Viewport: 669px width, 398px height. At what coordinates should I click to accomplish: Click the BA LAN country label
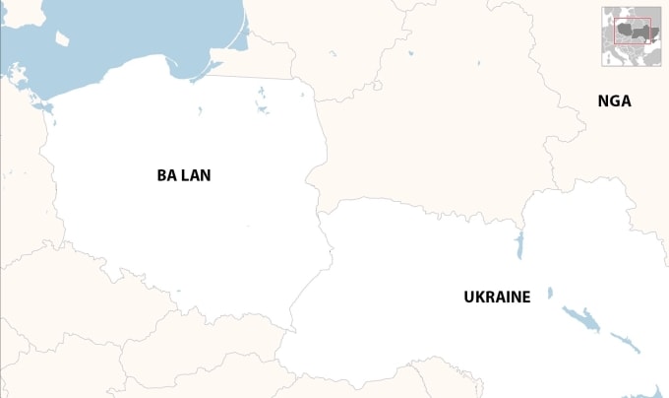pos(184,175)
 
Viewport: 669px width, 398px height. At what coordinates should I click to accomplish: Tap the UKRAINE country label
pos(497,296)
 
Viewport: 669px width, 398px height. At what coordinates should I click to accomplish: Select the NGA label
pos(614,100)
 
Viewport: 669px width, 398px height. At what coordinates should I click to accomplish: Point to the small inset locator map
pos(632,37)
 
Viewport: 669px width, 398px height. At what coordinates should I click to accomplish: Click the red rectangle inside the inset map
pos(633,32)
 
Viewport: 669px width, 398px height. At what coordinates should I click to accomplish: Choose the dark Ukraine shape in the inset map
pos(640,33)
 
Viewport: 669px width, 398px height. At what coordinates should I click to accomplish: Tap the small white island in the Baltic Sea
pos(63,38)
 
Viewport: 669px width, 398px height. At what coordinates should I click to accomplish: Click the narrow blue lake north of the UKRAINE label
pos(518,245)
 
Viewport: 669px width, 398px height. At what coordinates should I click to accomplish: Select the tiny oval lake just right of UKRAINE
pos(550,293)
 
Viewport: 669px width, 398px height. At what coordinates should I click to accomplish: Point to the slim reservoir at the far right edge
pos(626,342)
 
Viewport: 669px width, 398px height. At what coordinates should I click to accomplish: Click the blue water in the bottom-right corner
pos(660,389)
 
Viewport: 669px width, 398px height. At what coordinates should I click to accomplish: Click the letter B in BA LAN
pos(161,175)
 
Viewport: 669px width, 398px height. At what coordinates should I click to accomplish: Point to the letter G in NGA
pos(614,100)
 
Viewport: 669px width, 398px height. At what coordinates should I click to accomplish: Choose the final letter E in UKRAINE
pos(526,296)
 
